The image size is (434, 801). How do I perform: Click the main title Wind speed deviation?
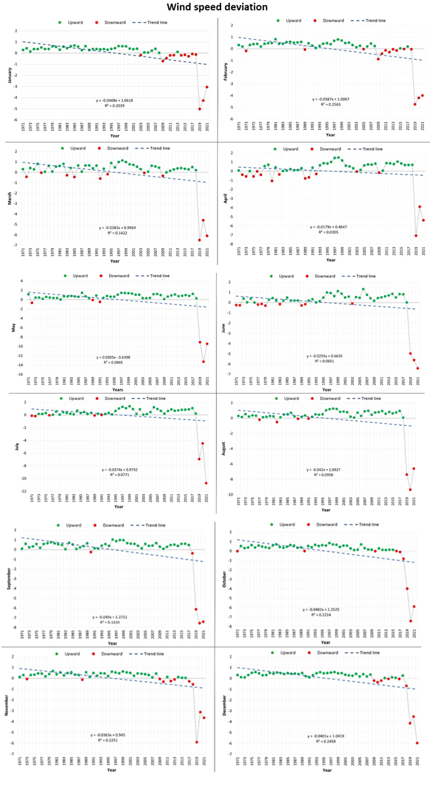tap(217, 7)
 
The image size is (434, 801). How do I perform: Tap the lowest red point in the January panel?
tap(199, 109)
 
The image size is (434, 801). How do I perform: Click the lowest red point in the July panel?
tap(207, 483)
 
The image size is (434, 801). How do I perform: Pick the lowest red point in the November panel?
tap(197, 742)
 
